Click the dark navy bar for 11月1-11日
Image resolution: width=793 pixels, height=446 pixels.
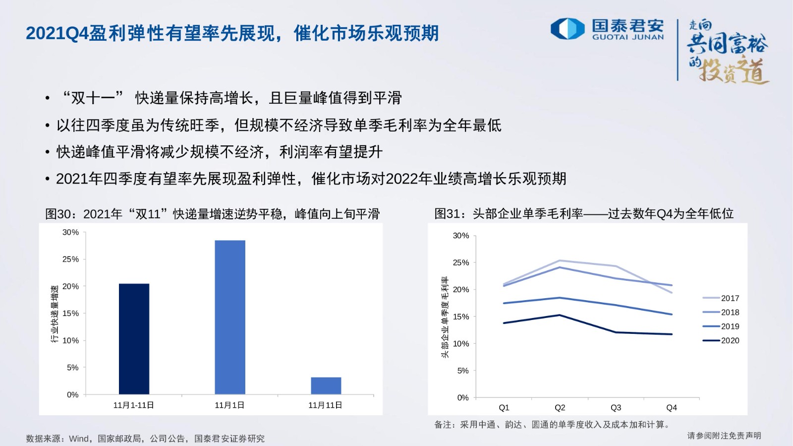(134, 339)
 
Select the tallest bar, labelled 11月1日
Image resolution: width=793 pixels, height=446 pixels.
(230, 317)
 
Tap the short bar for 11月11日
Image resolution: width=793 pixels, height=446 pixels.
(326, 386)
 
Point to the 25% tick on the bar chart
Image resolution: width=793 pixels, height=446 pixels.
(70, 259)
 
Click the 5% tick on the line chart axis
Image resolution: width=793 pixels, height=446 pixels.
(463, 371)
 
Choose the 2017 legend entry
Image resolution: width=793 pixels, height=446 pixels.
(721, 298)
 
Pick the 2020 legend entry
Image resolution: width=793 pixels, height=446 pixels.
(721, 340)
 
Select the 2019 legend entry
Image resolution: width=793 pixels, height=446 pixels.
(721, 326)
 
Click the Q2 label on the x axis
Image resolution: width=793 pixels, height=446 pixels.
(560, 408)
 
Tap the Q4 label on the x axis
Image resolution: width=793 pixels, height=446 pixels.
(672, 408)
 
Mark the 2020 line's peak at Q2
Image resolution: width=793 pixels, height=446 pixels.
(560, 315)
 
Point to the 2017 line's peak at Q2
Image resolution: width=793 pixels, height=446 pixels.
(560, 261)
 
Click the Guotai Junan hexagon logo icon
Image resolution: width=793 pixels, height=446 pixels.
(567, 29)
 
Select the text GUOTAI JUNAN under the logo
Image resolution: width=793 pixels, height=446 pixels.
(628, 37)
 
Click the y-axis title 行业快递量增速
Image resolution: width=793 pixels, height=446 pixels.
(54, 314)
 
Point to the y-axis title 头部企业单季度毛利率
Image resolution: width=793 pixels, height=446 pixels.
(445, 317)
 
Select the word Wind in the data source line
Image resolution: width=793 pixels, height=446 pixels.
(79, 439)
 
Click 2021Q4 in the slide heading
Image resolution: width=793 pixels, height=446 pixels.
(57, 34)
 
